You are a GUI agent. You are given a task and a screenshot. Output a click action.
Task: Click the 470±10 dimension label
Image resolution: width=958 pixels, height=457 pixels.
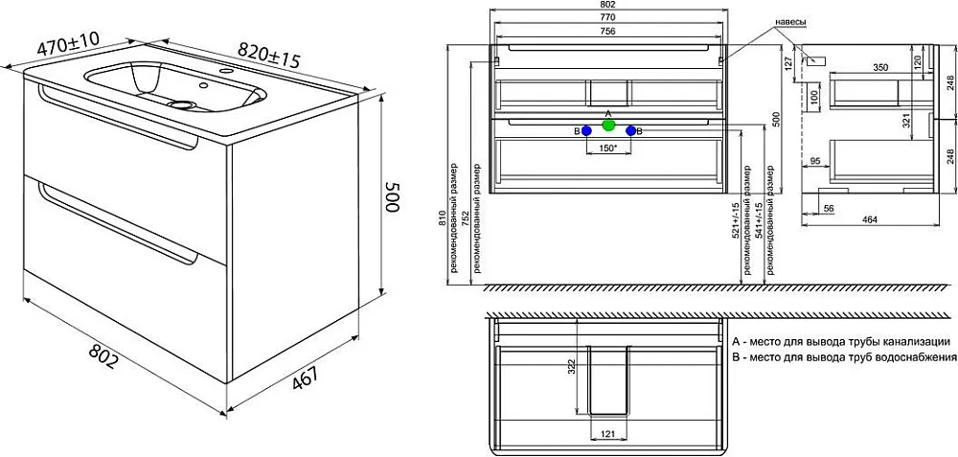point(67,45)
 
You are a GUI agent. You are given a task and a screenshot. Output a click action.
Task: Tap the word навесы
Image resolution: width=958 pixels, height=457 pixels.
point(790,23)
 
